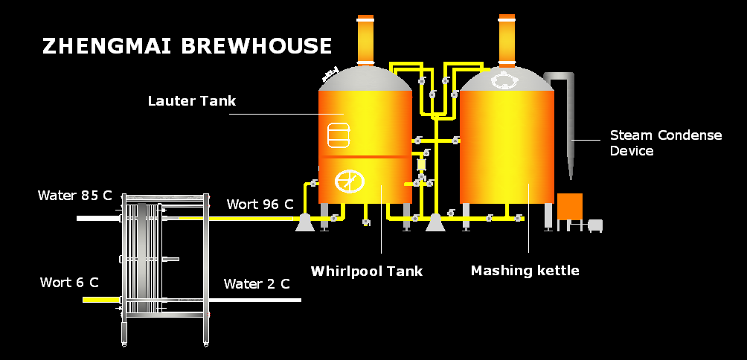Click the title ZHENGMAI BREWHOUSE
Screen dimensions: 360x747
(x=187, y=46)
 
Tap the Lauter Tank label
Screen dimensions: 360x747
(x=191, y=101)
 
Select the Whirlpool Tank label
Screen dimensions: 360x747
(x=366, y=271)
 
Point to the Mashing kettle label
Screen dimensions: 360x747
(x=525, y=271)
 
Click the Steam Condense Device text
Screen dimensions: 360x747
(x=665, y=143)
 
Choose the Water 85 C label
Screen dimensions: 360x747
(x=74, y=196)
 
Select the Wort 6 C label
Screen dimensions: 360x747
(x=69, y=283)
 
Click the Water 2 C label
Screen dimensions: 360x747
(x=257, y=284)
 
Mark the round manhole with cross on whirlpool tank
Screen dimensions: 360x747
(x=349, y=181)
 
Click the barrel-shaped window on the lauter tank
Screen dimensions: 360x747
(x=339, y=134)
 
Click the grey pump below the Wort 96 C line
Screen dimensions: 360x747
(x=304, y=222)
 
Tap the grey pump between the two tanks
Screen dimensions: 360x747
(x=435, y=222)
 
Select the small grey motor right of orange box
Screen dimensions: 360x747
(x=595, y=225)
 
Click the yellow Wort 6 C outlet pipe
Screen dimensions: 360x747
(x=100, y=299)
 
